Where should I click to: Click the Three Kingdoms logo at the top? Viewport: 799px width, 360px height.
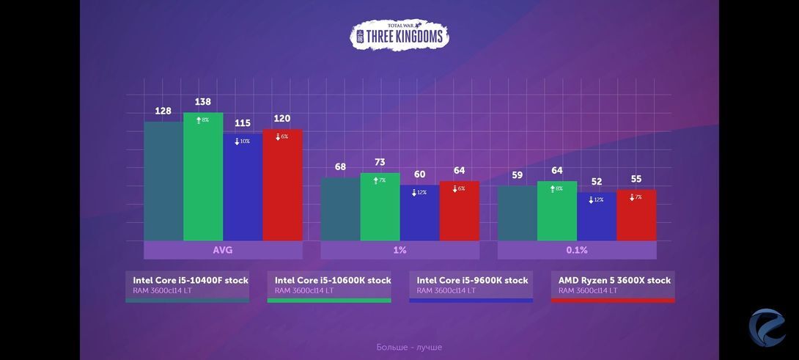[x=399, y=35]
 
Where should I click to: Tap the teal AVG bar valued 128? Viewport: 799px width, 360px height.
[x=163, y=182]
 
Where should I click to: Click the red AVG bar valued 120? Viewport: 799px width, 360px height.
[x=282, y=187]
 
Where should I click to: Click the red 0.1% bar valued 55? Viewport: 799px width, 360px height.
[x=636, y=216]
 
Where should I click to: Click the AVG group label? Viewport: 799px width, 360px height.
[x=223, y=250]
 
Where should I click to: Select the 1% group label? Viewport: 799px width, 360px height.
[x=399, y=250]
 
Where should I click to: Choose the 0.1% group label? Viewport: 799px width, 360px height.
[x=577, y=250]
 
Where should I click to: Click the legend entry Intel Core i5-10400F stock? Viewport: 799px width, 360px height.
[x=190, y=285]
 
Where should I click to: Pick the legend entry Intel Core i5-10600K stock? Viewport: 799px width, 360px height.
[x=332, y=285]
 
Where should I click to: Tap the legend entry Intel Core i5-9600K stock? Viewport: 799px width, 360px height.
[x=472, y=285]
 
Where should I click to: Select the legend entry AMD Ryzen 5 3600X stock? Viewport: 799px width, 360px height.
[x=614, y=285]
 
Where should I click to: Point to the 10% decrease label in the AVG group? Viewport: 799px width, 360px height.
[x=243, y=141]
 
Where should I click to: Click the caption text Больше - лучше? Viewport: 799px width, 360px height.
[x=409, y=347]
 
